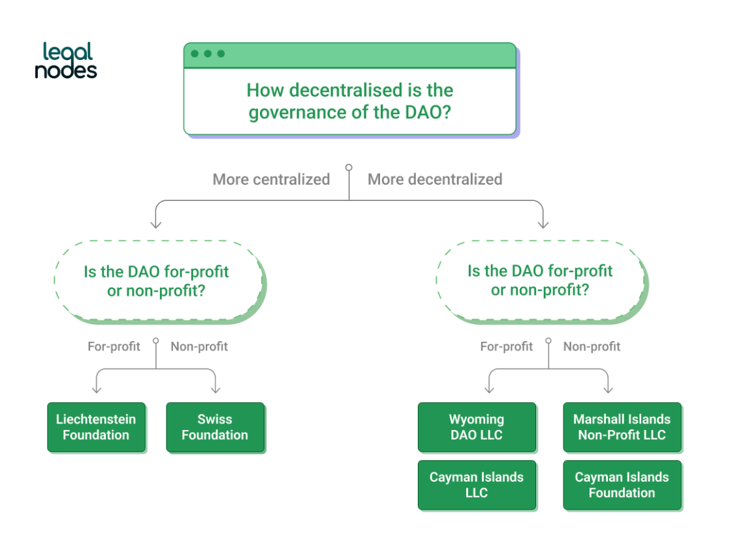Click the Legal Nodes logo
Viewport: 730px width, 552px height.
coord(66,61)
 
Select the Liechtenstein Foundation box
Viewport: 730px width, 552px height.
coord(96,427)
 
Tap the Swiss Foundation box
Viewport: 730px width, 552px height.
coord(215,427)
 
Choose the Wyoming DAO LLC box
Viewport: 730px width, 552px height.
coord(477,427)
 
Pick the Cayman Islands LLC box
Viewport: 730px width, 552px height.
coord(477,485)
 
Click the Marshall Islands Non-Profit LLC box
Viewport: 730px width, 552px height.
coord(622,427)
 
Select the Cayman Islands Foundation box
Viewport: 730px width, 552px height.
coord(622,485)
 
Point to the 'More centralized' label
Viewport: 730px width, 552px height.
coord(271,179)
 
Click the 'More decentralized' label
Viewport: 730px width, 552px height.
coord(435,179)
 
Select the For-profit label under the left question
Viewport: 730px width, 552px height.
coord(114,346)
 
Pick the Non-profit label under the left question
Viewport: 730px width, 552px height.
coord(199,346)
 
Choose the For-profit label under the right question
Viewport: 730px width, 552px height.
coord(506,346)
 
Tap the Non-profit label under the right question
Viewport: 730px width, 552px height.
coord(592,346)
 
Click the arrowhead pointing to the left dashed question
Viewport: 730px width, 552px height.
coord(155,224)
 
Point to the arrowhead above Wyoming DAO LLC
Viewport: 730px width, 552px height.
coord(489,390)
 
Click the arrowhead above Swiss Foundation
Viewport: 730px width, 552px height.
coord(215,390)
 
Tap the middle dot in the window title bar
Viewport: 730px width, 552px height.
coord(208,54)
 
